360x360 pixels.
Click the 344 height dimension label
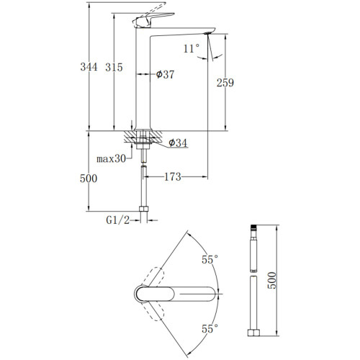pos(89,67)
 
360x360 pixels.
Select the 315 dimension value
pos(114,67)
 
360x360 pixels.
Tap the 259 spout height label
pos(225,83)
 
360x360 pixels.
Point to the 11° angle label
pos(192,48)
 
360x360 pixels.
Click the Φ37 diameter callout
pos(165,74)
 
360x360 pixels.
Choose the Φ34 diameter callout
pos(178,143)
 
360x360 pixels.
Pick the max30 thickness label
pos(111,158)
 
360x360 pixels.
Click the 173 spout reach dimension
pos(173,177)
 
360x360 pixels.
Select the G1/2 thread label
pos(118,220)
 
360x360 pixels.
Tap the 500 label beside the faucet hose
pos(89,179)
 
